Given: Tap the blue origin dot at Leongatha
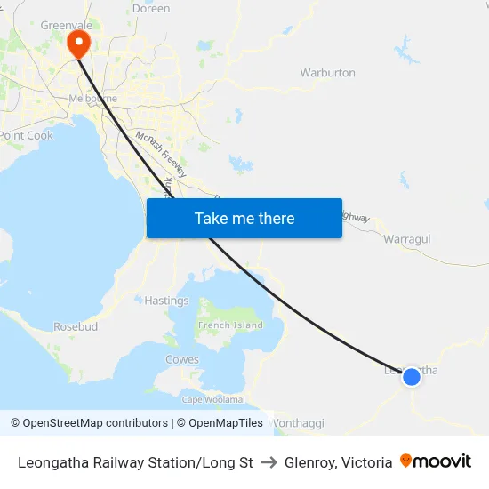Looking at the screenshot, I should (x=412, y=377).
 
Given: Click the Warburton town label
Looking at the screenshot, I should (x=327, y=73).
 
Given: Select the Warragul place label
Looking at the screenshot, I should (x=406, y=239).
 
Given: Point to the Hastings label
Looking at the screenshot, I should (x=166, y=301).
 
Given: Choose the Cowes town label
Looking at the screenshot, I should (x=182, y=360).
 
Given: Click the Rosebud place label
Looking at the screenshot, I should (x=76, y=326).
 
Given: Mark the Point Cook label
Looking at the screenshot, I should (x=27, y=136).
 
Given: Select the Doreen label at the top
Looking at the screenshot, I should (x=150, y=8).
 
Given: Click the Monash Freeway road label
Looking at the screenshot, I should (x=160, y=154).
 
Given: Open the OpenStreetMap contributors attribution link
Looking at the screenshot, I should (x=89, y=423).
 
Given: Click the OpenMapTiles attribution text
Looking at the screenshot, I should (x=220, y=423).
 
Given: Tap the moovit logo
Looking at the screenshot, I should (x=436, y=461).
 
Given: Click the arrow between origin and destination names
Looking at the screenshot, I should (x=269, y=462).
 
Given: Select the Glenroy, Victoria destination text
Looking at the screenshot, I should (x=338, y=462).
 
